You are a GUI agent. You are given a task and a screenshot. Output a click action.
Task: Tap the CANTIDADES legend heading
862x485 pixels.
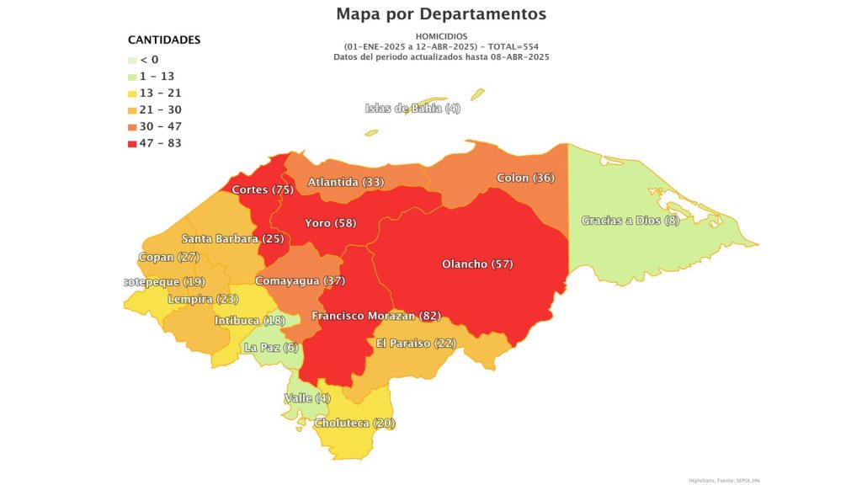pyautogui.click(x=163, y=40)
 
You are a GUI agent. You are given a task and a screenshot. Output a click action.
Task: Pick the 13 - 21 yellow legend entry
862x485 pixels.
pyautogui.click(x=160, y=93)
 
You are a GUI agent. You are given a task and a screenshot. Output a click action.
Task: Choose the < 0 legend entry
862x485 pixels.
pyautogui.click(x=148, y=60)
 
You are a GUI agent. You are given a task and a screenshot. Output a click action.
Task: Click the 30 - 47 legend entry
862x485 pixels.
pyautogui.click(x=160, y=126)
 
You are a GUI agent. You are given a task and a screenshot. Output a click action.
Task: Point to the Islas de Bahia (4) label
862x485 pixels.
pyautogui.click(x=412, y=108)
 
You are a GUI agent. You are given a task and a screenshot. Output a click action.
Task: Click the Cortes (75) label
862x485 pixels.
pyautogui.click(x=262, y=189)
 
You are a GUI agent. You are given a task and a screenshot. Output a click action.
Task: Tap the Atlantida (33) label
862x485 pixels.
pyautogui.click(x=345, y=182)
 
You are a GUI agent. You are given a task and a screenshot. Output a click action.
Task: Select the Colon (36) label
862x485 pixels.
pyautogui.click(x=525, y=178)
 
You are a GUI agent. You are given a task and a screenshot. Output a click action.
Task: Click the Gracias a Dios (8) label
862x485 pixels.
pyautogui.click(x=630, y=221)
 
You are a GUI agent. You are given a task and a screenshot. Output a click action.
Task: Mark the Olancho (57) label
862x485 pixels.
pyautogui.click(x=477, y=264)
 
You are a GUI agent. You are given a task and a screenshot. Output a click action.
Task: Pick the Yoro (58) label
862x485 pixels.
pyautogui.click(x=330, y=223)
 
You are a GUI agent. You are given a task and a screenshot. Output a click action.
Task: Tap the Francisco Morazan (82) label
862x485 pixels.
pyautogui.click(x=375, y=316)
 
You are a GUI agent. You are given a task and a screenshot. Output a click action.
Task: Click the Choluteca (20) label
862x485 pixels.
pyautogui.click(x=354, y=423)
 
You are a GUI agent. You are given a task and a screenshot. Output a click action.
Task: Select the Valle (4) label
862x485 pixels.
pyautogui.click(x=307, y=397)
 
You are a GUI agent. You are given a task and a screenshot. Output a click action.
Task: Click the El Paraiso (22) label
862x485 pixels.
pyautogui.click(x=415, y=343)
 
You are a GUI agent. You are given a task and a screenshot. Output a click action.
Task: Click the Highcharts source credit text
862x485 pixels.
pyautogui.click(x=722, y=479)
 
